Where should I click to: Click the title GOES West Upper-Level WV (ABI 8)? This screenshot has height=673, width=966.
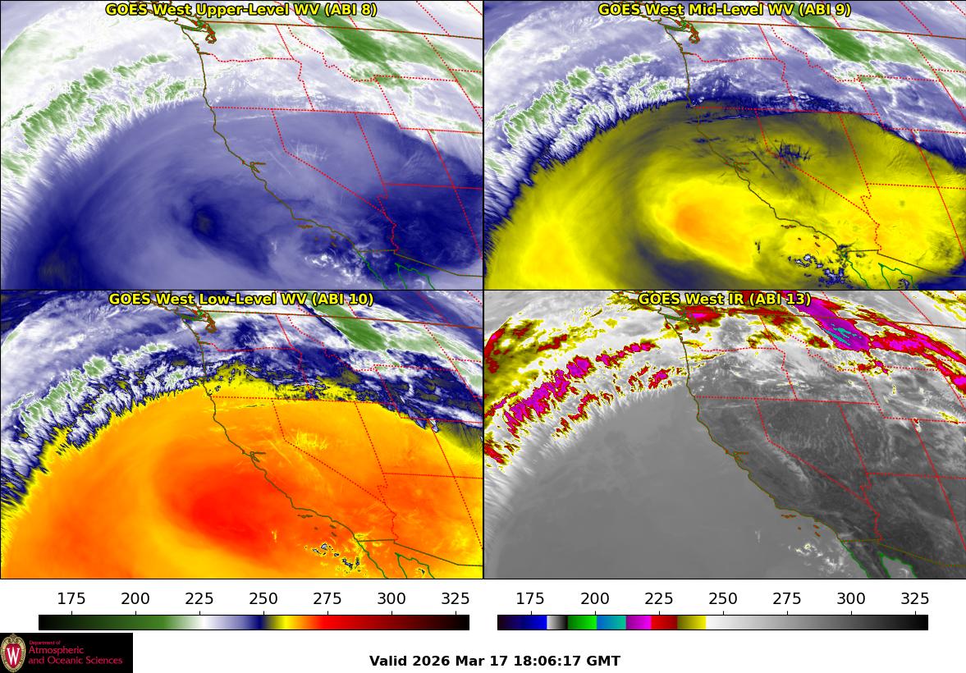pos(241,10)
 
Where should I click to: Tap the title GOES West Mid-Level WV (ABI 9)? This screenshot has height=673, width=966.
pos(724,10)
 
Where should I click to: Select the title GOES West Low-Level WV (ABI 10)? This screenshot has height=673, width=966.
pos(241,300)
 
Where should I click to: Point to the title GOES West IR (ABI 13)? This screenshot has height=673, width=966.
pos(724,300)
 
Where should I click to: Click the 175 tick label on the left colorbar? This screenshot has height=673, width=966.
pos(71,598)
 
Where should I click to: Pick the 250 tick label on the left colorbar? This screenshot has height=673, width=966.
pos(263,598)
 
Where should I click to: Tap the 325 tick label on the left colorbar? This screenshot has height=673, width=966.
pos(456,598)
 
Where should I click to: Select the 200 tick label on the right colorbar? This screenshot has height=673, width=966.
pos(594,598)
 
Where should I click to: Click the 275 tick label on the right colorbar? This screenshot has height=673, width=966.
pos(786,598)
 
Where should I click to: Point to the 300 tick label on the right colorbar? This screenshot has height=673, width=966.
pos(850,598)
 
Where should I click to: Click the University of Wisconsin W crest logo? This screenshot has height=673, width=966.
pos(13,653)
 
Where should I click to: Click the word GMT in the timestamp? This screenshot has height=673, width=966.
pos(605,661)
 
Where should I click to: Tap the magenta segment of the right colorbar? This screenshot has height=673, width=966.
pos(639,622)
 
